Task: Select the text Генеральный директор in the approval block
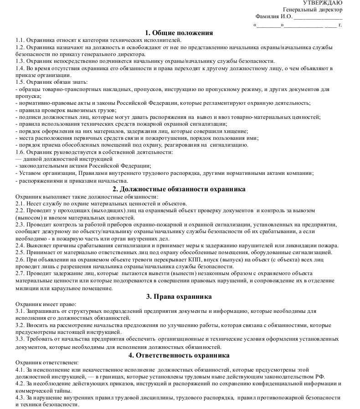313,10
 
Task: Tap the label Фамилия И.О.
273,16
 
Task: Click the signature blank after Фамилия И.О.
318,17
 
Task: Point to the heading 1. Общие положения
179,33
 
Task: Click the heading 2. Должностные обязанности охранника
179,189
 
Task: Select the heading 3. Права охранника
179,297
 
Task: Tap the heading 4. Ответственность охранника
179,355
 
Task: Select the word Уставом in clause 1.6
28,173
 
